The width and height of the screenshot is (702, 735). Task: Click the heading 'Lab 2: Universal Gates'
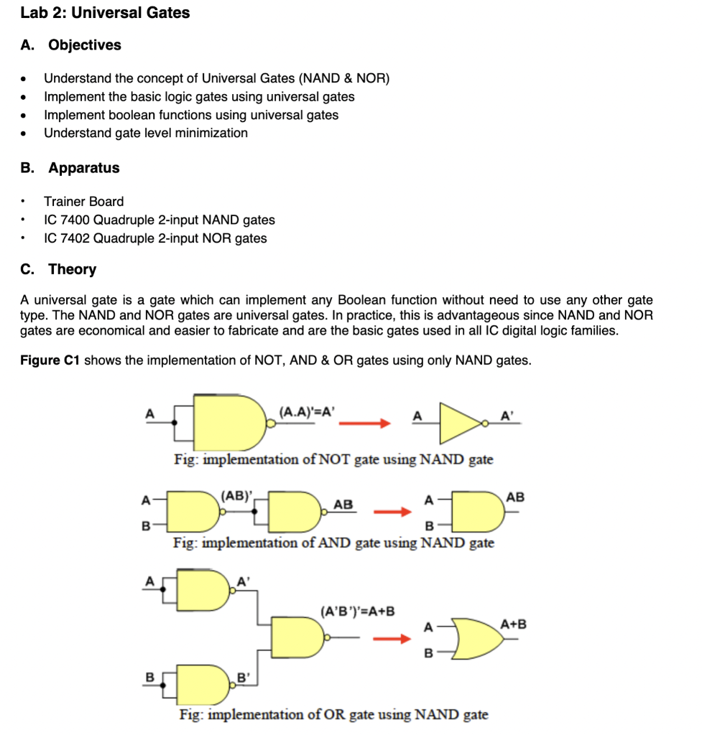coord(105,13)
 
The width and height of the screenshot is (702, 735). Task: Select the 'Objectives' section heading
coord(84,45)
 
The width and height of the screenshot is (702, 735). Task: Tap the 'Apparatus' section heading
coord(83,168)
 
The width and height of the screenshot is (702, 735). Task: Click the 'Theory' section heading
coord(72,269)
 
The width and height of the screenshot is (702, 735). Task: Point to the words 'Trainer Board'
coord(83,202)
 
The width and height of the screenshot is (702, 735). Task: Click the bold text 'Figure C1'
coord(49,360)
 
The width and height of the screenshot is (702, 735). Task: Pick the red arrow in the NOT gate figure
coord(364,423)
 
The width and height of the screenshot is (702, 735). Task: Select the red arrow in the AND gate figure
coord(394,512)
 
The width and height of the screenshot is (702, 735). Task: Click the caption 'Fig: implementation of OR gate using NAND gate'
coord(333,715)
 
